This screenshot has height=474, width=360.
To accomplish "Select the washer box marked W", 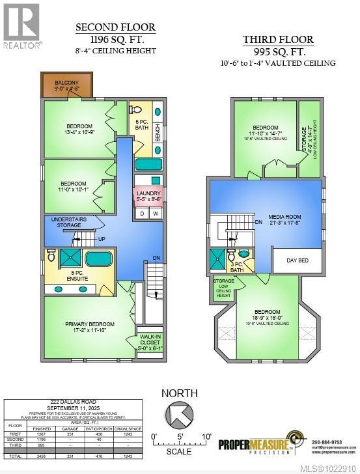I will click(155, 214).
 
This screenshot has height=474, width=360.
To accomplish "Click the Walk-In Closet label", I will click(150, 343).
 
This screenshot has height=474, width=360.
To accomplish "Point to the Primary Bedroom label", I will click(90, 328).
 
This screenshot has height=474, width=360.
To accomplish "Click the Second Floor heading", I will click(116, 27).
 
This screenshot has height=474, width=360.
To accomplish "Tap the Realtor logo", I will click(22, 26).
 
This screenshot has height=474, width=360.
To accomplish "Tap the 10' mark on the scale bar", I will click(206, 436).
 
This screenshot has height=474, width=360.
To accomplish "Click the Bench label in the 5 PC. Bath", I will click(158, 131).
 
